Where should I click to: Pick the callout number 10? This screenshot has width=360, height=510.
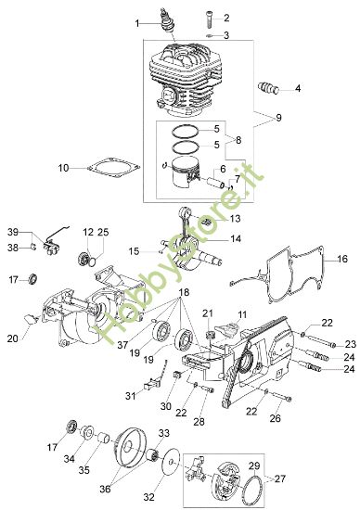63,168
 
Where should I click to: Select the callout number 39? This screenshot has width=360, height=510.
13,230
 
